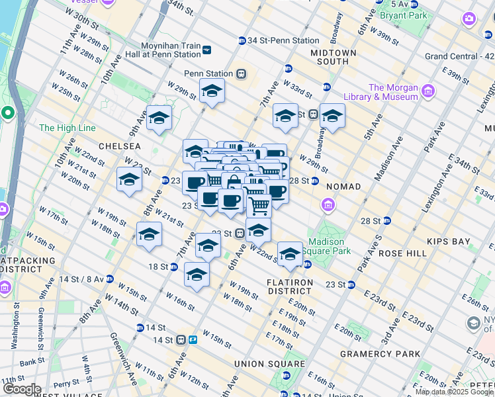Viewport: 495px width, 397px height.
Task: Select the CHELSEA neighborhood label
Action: pyautogui.click(x=120, y=146)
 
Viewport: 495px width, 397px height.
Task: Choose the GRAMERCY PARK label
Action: pyautogui.click(x=380, y=354)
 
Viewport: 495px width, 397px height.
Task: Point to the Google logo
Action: pyautogui.click(x=22, y=389)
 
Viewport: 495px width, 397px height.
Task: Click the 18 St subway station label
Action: pyautogui.click(x=159, y=267)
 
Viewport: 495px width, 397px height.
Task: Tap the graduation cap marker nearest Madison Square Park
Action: pyautogui.click(x=290, y=253)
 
